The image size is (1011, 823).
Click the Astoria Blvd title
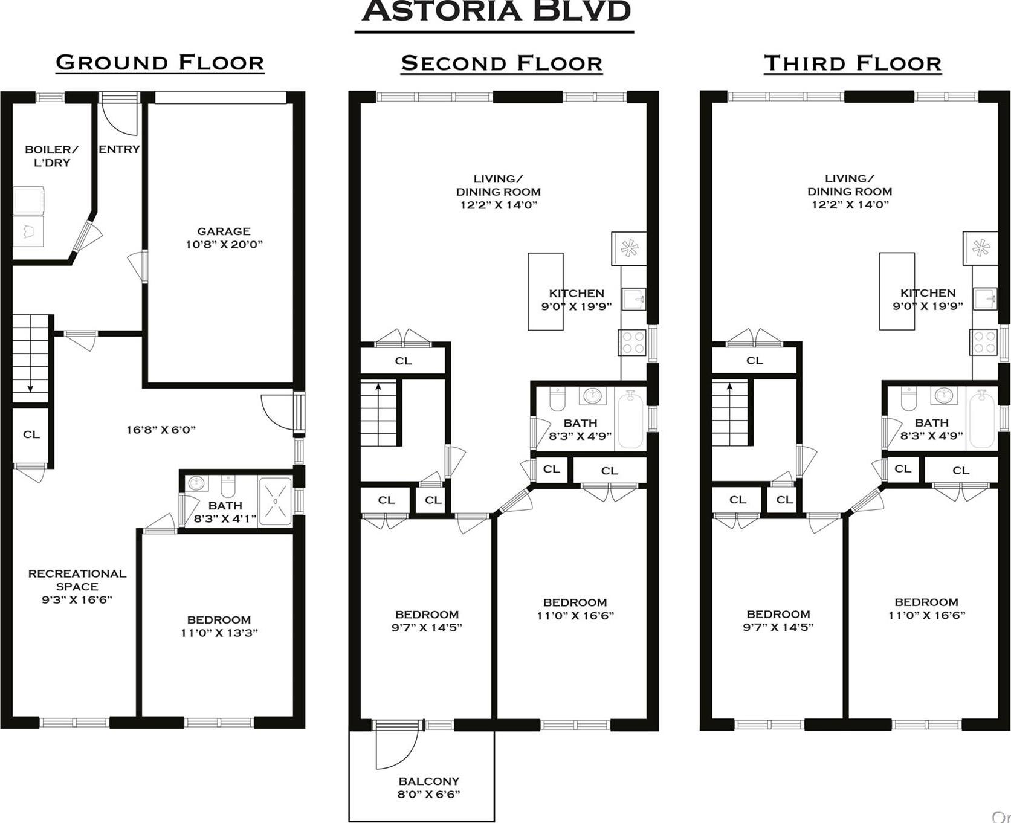pyautogui.click(x=497, y=11)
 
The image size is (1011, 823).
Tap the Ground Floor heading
pyautogui.click(x=160, y=63)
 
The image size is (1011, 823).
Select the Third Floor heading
pyautogui.click(x=852, y=63)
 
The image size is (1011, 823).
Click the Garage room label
pyautogui.click(x=224, y=237)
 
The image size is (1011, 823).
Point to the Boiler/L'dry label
pyautogui.click(x=51, y=156)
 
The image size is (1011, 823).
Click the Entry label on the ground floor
pyautogui.click(x=119, y=149)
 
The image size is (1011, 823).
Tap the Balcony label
pyautogui.click(x=428, y=787)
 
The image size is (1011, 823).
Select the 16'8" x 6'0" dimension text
pyautogui.click(x=161, y=430)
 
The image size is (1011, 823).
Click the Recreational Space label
pyautogui.click(x=77, y=586)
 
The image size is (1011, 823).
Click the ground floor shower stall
pyautogui.click(x=275, y=502)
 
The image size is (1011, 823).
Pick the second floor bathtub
pyautogui.click(x=631, y=418)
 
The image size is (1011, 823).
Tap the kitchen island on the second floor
pyautogui.click(x=545, y=291)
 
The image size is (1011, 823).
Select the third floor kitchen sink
pyautogui.click(x=986, y=299)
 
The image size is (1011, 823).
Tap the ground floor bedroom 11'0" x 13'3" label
pyautogui.click(x=219, y=626)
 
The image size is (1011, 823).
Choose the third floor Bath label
pyautogui.click(x=931, y=423)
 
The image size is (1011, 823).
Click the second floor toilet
pyautogui.click(x=557, y=399)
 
